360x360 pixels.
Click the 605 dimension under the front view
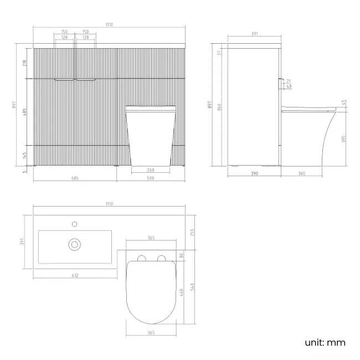(x=75, y=179)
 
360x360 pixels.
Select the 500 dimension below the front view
(x=151, y=179)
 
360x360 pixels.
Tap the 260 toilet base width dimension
(x=151, y=170)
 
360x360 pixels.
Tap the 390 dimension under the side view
(x=254, y=173)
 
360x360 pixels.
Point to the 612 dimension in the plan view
(x=75, y=275)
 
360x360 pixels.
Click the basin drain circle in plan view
(x=74, y=244)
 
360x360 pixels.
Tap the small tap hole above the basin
(x=74, y=224)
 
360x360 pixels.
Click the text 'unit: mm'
(x=325, y=342)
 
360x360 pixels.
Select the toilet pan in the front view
(x=151, y=136)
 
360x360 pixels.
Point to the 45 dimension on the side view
(x=343, y=102)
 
